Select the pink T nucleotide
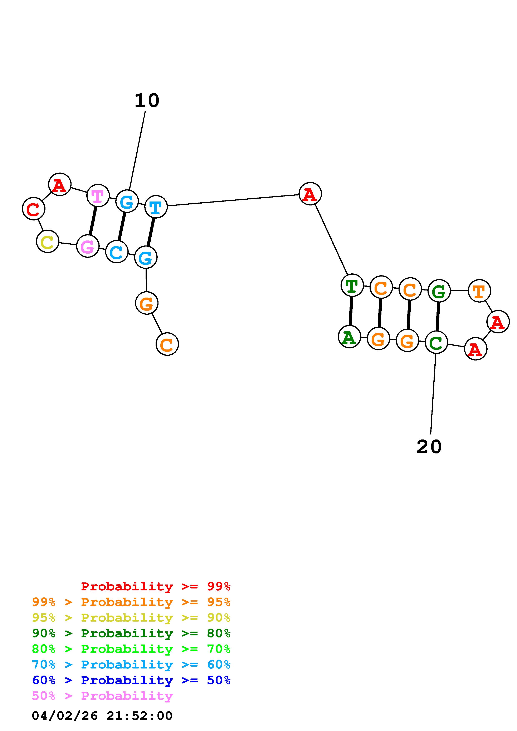(98, 195)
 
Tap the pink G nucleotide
(88, 246)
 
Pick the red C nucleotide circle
(33, 209)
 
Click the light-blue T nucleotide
(156, 207)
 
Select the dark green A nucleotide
(350, 337)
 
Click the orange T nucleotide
(479, 291)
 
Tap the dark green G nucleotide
(439, 291)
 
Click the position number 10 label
(147, 101)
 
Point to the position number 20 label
(429, 447)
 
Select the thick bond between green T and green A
(351, 311)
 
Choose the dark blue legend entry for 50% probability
(131, 680)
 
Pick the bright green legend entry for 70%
(131, 649)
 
